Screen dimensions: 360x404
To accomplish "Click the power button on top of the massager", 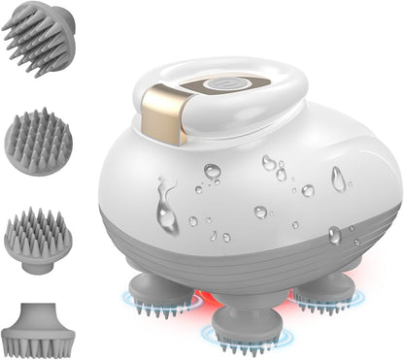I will tap(226, 85).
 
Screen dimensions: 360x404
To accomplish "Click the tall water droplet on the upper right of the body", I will tap(338, 178).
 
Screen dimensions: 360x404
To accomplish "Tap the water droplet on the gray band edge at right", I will tap(334, 234).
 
